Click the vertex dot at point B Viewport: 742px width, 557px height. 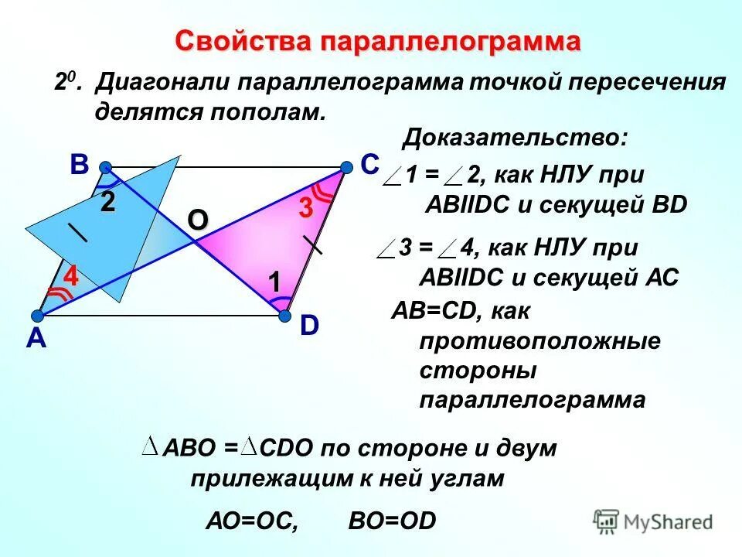click(x=105, y=166)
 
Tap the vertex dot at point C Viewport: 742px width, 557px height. click(x=346, y=166)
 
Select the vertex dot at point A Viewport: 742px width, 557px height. click(x=37, y=315)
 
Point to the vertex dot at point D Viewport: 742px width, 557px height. click(x=284, y=315)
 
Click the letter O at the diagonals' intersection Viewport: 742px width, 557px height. click(x=197, y=220)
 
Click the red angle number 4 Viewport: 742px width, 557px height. click(x=71, y=276)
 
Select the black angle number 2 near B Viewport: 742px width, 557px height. click(x=107, y=203)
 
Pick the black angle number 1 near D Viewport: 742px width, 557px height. click(x=274, y=282)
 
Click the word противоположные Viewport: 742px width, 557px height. click(x=540, y=341)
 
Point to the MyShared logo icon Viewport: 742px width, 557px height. click(x=607, y=521)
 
